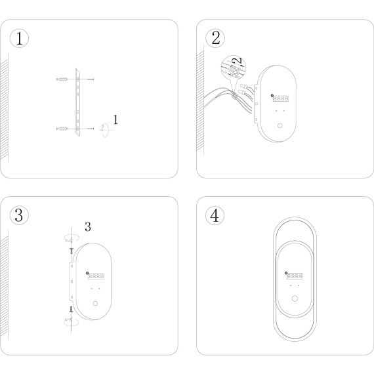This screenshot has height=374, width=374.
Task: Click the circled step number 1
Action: [19, 39]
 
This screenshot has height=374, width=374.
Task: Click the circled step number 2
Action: [215, 38]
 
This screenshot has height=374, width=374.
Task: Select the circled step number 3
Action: [19, 215]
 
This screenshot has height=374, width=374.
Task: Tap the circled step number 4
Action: [215, 215]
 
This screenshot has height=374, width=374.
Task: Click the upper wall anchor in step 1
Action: [62, 79]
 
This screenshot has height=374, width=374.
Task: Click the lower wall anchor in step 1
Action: [62, 129]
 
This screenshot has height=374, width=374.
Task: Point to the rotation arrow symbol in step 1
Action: [105, 130]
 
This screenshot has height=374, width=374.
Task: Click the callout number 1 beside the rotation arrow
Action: [115, 119]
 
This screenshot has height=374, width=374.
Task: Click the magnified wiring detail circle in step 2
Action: [234, 68]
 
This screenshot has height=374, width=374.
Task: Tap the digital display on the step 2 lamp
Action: [281, 98]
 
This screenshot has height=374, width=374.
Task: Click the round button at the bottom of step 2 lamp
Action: [280, 126]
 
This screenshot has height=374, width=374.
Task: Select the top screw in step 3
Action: [72, 251]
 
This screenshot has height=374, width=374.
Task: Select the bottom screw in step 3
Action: [72, 309]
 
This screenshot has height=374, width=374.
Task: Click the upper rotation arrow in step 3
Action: [72, 238]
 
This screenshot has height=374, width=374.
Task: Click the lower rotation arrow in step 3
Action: [72, 322]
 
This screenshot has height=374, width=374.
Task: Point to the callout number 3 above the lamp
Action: [88, 226]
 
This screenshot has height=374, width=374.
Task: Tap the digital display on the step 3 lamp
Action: [96, 276]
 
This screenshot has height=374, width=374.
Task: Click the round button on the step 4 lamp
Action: [295, 299]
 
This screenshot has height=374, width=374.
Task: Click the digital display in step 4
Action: [295, 276]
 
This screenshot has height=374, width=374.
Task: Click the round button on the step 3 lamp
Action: [95, 303]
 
